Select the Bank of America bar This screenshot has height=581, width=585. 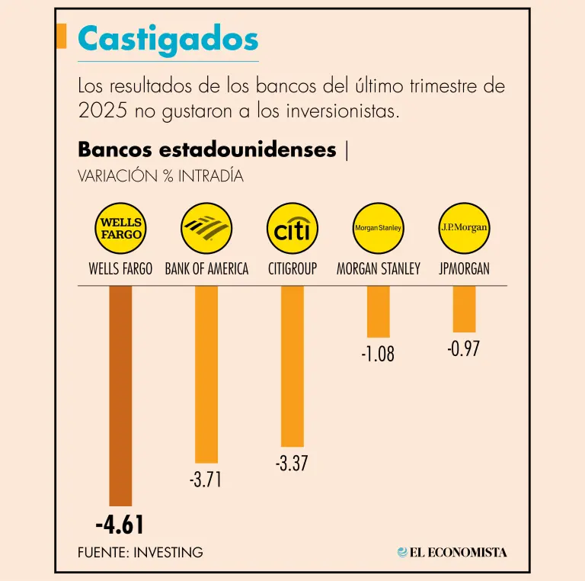click(206, 374)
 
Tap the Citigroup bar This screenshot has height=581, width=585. click(292, 365)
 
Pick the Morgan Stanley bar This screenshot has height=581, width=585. click(379, 311)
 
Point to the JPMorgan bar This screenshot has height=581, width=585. click(464, 309)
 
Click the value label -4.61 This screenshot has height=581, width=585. click(120, 525)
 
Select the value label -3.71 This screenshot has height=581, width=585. click(206, 480)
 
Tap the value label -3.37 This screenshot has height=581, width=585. click(292, 463)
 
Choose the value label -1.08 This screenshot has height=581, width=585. click(379, 354)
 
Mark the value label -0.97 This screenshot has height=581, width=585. click(464, 349)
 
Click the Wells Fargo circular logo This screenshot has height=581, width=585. click(120, 228)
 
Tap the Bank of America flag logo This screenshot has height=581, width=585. click(206, 228)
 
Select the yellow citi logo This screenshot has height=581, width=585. click(292, 228)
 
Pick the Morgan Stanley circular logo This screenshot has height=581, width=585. click(379, 228)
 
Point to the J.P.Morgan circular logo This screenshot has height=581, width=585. click(464, 228)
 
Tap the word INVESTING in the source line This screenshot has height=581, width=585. click(168, 552)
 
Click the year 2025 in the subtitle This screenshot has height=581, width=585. click(95, 111)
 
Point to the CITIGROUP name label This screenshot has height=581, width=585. click(292, 269)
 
